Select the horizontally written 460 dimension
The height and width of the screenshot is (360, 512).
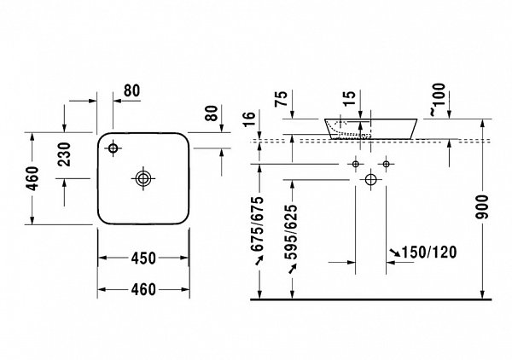[143, 288]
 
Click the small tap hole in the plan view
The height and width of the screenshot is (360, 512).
[113, 149]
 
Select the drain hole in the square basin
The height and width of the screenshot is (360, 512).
[143, 178]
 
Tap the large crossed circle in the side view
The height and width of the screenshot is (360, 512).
[371, 179]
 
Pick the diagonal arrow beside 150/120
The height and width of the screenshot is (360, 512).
[394, 253]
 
